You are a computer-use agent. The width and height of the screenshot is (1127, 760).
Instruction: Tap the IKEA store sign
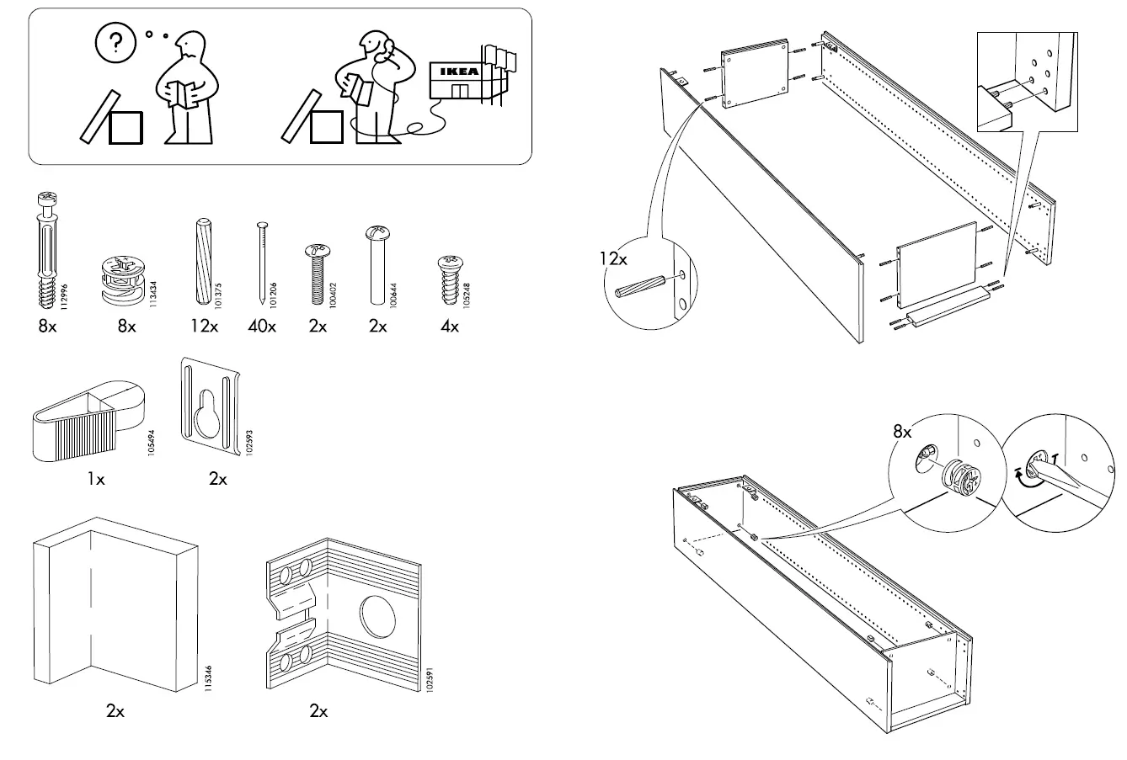coord(455,72)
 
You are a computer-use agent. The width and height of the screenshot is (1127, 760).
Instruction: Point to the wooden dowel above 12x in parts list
coord(203,262)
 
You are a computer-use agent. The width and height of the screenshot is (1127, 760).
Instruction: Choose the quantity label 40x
coord(261,327)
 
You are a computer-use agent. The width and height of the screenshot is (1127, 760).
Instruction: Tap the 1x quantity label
coord(96,480)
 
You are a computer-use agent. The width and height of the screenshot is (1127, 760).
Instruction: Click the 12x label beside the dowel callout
coord(614,259)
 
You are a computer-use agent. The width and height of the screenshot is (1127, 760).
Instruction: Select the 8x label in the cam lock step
coord(902,432)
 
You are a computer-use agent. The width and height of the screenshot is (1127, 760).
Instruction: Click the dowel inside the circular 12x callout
coord(645,287)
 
